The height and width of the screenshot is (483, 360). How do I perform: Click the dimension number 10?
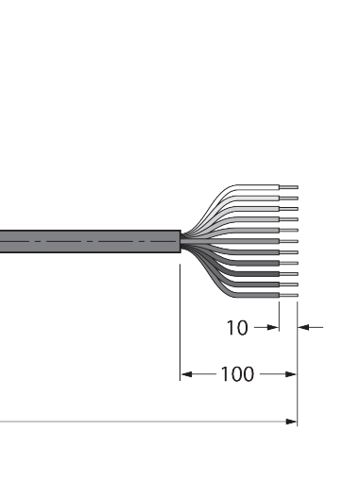[237, 328]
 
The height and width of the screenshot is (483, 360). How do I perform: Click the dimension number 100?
[237, 374]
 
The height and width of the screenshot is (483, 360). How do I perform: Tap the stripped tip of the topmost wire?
[289, 187]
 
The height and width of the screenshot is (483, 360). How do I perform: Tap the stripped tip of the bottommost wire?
[289, 295]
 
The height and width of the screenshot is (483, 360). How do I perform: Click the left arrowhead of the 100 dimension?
[187, 374]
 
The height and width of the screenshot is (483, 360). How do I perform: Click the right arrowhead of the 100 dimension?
[291, 374]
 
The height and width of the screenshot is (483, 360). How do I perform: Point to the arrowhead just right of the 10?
[273, 327]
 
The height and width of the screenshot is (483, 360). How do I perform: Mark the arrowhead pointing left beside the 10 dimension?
[303, 327]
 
